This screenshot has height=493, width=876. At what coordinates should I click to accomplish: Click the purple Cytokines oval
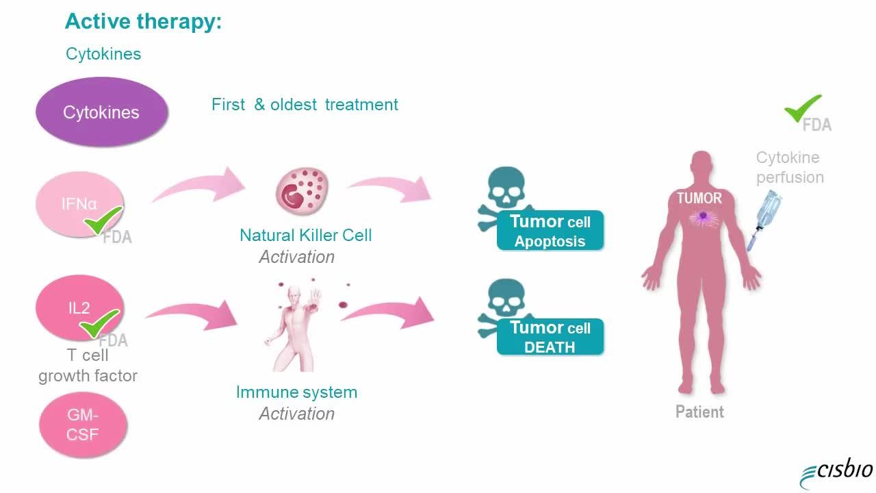click(102, 112)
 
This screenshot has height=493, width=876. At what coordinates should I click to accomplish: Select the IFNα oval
click(80, 204)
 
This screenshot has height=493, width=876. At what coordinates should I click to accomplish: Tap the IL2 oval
click(80, 307)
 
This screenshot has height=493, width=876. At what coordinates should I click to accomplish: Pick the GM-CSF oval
click(83, 425)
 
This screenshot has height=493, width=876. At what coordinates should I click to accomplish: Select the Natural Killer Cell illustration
click(302, 191)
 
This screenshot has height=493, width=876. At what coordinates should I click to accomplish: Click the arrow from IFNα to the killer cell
click(199, 185)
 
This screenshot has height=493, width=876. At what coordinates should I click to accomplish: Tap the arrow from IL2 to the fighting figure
click(192, 313)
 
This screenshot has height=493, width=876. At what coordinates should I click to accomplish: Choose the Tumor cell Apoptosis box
click(550, 231)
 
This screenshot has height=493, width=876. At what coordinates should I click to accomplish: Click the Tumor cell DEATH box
click(550, 337)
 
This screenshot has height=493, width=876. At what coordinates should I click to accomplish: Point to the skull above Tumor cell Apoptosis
click(506, 188)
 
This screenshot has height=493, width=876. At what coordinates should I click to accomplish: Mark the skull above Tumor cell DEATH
click(506, 298)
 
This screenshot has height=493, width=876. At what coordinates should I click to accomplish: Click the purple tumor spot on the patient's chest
click(703, 216)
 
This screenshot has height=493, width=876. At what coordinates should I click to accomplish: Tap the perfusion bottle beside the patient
click(765, 219)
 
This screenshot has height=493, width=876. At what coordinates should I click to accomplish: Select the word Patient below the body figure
click(699, 412)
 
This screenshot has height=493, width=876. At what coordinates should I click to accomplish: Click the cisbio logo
click(836, 472)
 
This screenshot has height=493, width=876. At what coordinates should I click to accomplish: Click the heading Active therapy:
click(143, 21)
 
